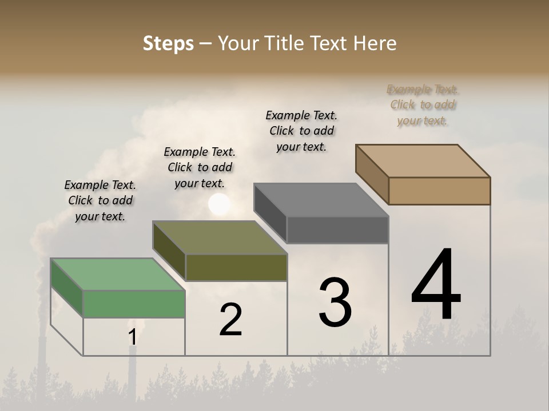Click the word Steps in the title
point(168,44)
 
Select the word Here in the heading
point(375,44)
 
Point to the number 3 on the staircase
point(335,302)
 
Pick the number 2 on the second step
point(230,320)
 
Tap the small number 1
point(133,337)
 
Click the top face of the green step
point(117,274)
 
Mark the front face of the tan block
point(439,191)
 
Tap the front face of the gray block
point(337,230)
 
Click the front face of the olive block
point(236,267)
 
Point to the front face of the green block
point(134,304)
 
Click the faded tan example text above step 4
point(422,105)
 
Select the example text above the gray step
point(301,131)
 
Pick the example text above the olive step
point(200,167)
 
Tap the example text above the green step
point(100,200)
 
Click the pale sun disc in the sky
point(220,204)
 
